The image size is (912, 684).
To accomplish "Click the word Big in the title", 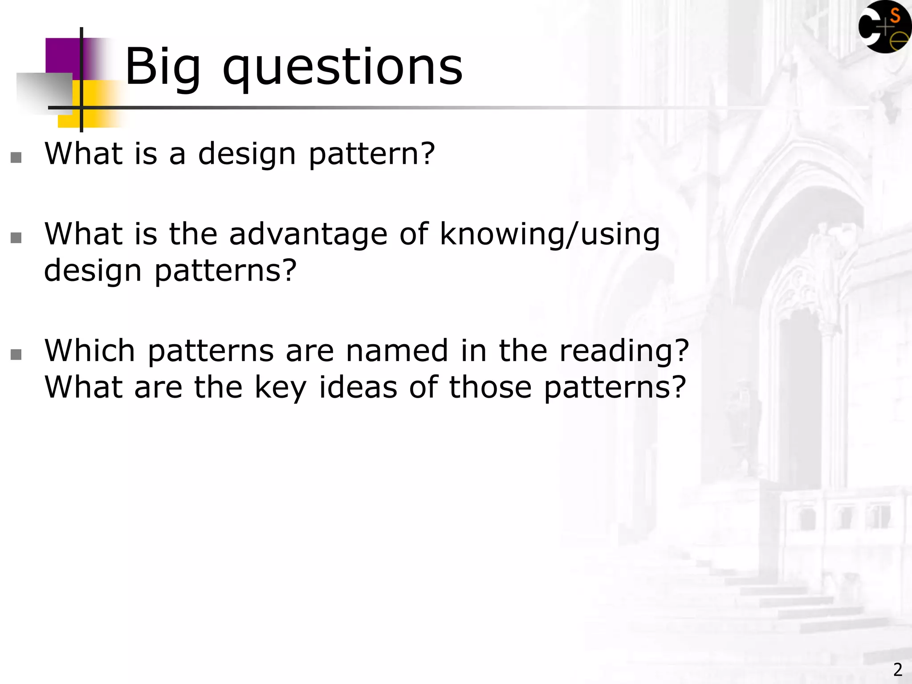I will pos(163,68).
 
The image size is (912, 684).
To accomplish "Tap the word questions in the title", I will pos(342,68).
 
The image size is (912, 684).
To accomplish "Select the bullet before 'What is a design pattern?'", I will pos(16,157).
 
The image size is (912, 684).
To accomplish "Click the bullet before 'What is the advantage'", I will pos(16,238).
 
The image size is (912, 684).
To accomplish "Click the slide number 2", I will pos(898,669).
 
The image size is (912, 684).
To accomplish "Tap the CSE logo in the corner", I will pos(884,27).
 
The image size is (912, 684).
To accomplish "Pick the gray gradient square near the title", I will pos(44,92).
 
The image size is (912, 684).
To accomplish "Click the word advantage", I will pos(308,234).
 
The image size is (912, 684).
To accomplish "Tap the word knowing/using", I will pos(550,234).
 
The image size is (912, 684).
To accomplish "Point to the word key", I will pos(281,387).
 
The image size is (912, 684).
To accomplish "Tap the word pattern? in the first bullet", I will pos(371,154).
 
